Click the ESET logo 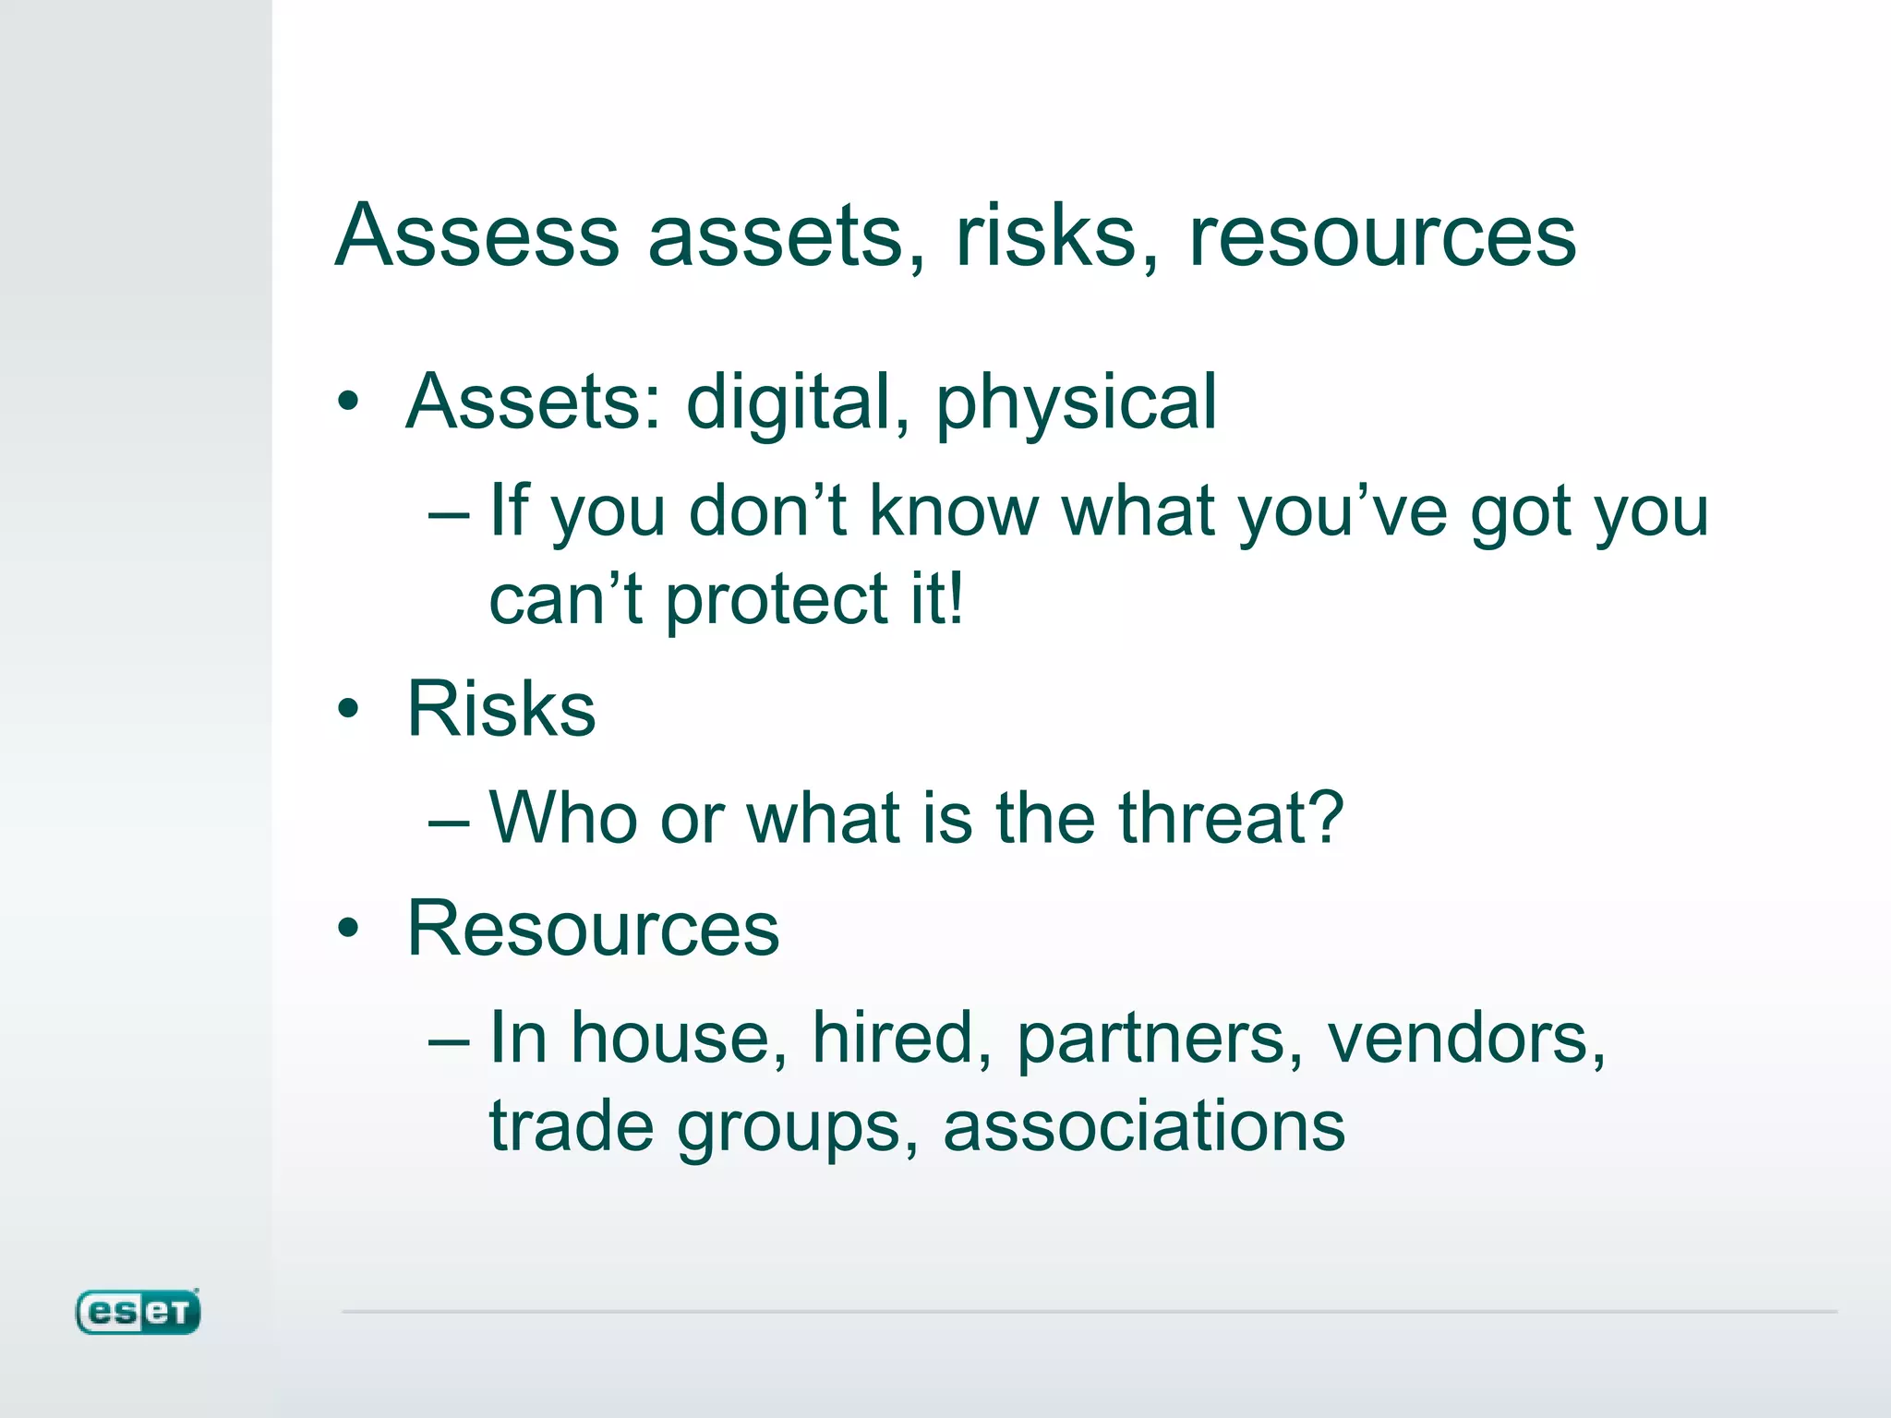click(138, 1312)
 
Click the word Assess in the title click(476, 236)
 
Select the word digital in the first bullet click(788, 403)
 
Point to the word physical click(1077, 403)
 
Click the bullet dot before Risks click(348, 709)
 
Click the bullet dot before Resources click(348, 929)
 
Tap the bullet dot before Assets click(348, 402)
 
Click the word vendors click(1465, 1039)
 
